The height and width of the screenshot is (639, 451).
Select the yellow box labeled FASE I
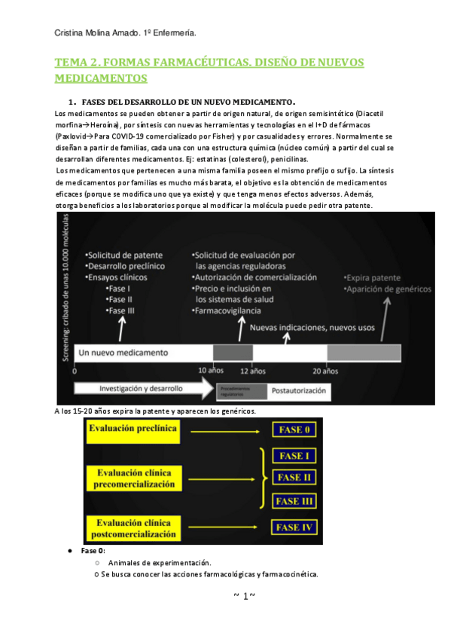point(294,456)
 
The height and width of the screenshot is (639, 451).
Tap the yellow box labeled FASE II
point(294,477)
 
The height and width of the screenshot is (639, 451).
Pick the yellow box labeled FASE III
point(294,501)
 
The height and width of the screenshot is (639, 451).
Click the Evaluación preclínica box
point(133,429)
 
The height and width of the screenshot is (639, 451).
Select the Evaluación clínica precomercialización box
point(133,478)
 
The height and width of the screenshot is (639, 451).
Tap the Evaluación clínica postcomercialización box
point(133,526)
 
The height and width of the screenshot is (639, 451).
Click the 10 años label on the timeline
point(210,371)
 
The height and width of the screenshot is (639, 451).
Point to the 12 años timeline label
point(252,371)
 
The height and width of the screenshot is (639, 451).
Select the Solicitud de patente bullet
point(121,255)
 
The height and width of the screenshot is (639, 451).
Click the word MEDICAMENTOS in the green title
point(101,78)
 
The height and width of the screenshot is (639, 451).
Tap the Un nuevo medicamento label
point(123,352)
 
